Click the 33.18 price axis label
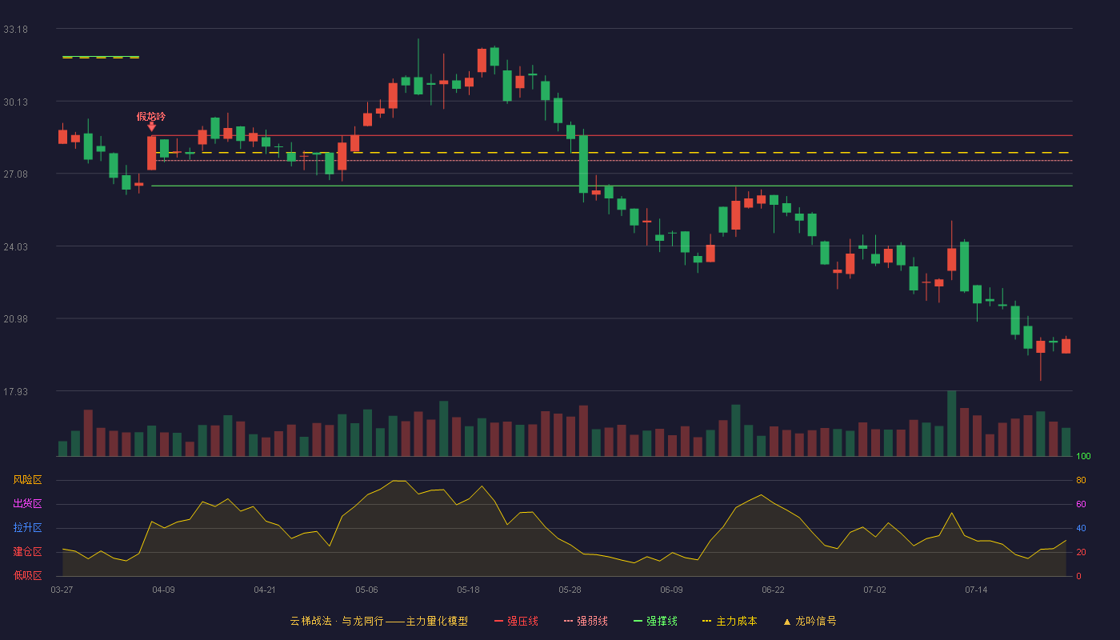[x=15, y=30]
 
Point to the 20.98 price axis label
[x=15, y=319]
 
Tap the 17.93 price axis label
[x=15, y=391]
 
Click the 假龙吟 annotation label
[x=151, y=117]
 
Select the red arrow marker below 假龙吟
[x=151, y=127]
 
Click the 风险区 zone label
[x=27, y=480]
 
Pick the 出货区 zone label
[x=27, y=503]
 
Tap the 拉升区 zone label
[x=27, y=527]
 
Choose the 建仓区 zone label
[x=27, y=551]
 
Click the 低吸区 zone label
[x=27, y=575]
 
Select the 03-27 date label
[x=62, y=590]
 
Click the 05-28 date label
[x=570, y=590]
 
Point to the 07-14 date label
[x=976, y=590]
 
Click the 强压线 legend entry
[x=516, y=621]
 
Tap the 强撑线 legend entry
[x=655, y=621]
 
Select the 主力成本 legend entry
[x=730, y=621]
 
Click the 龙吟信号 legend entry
[x=810, y=621]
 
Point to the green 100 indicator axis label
[x=1083, y=456]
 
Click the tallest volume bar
[x=951, y=423]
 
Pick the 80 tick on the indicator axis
[x=1081, y=480]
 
